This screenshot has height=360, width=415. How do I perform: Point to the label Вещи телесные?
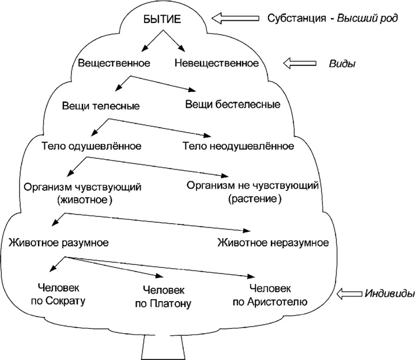point(101,106)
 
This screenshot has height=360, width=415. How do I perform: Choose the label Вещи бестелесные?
point(233,105)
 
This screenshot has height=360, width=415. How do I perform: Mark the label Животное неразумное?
point(273,241)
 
